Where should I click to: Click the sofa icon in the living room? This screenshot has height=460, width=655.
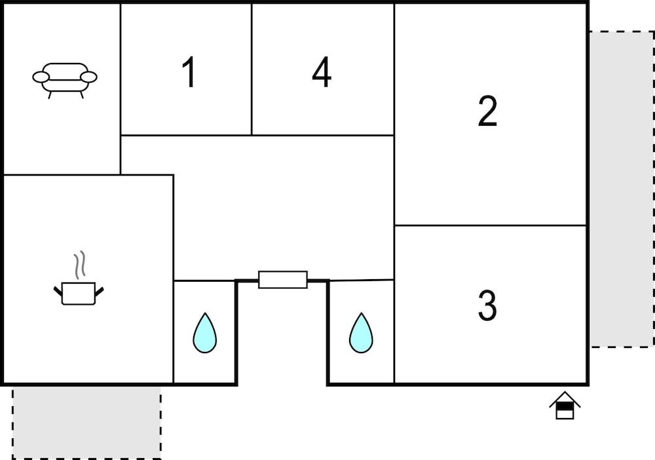(65, 80)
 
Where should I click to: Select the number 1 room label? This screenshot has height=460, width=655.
(189, 72)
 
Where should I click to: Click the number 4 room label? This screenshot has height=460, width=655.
(322, 72)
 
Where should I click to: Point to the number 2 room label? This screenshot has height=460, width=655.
(487, 111)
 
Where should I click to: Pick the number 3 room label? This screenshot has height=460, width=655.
(487, 305)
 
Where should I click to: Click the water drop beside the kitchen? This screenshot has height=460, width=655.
(204, 333)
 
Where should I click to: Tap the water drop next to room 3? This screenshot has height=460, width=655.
(361, 333)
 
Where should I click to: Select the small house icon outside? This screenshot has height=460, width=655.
(565, 405)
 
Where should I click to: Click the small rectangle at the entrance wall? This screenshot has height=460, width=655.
(283, 280)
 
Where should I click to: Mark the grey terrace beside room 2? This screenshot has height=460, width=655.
(622, 189)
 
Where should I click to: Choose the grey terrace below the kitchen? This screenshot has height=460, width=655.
(86, 423)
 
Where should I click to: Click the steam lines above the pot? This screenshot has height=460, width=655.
(80, 265)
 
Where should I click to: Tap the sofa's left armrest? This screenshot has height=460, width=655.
(41, 77)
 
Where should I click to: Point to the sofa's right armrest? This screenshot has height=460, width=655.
(88, 77)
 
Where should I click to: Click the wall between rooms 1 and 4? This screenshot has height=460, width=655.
(252, 69)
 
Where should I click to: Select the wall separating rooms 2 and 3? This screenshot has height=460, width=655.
(491, 225)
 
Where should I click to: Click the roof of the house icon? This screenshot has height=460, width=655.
(565, 399)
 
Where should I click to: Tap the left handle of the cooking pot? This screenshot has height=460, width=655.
(58, 291)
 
